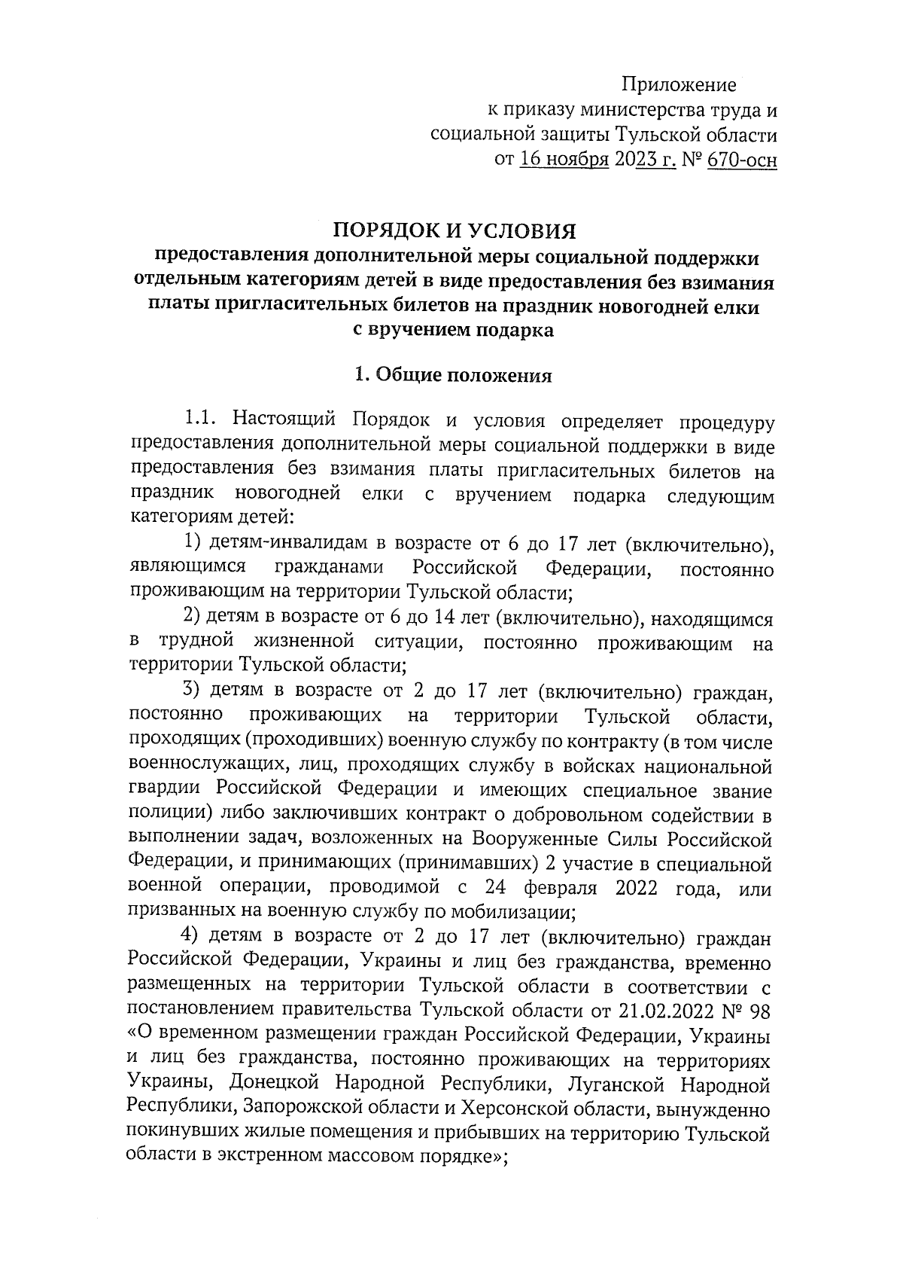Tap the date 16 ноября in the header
point(564,160)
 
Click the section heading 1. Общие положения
point(454,376)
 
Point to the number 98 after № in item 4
point(762,1010)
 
